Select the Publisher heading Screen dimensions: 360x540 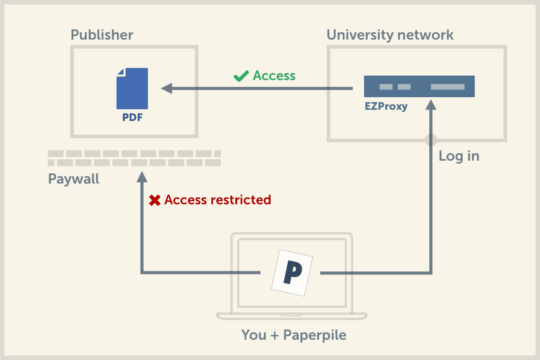[102, 35]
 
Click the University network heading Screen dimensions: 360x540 [390, 35]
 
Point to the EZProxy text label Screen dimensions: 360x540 [386, 107]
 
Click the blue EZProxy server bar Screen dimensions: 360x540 [419, 86]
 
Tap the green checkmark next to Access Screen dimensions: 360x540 [241, 76]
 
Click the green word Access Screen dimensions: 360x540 [274, 76]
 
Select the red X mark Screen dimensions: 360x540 [155, 200]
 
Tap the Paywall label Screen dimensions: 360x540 [73, 179]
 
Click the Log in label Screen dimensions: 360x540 [459, 156]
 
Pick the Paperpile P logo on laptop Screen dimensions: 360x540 [292, 273]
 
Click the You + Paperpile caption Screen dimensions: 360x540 [294, 335]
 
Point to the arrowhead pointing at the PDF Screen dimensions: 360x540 [166, 88]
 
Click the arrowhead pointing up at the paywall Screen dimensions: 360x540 [142, 176]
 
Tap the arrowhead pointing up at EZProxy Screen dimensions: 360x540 [431, 105]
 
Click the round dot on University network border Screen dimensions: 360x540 [431, 139]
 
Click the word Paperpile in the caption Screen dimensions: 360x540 [315, 335]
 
